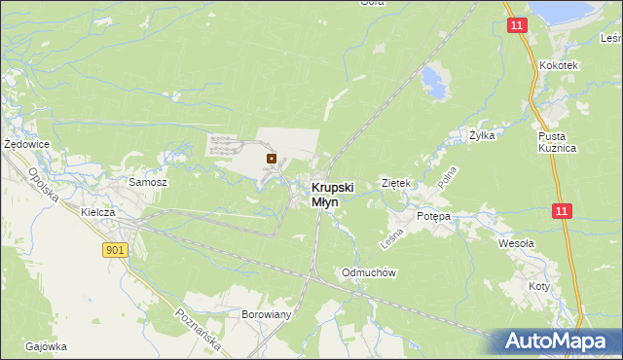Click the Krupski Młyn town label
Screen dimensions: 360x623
[332, 195]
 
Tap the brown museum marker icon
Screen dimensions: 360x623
[272, 158]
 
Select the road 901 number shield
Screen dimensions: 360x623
[115, 250]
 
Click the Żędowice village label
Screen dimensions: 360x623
[26, 143]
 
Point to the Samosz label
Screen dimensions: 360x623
[149, 182]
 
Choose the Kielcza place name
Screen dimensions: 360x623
[99, 211]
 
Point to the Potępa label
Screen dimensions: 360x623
[434, 216]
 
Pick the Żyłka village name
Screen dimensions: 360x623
[482, 135]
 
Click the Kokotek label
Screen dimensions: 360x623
[559, 65]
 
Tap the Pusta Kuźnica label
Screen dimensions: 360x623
[558, 141]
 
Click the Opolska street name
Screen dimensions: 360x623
[45, 184]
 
